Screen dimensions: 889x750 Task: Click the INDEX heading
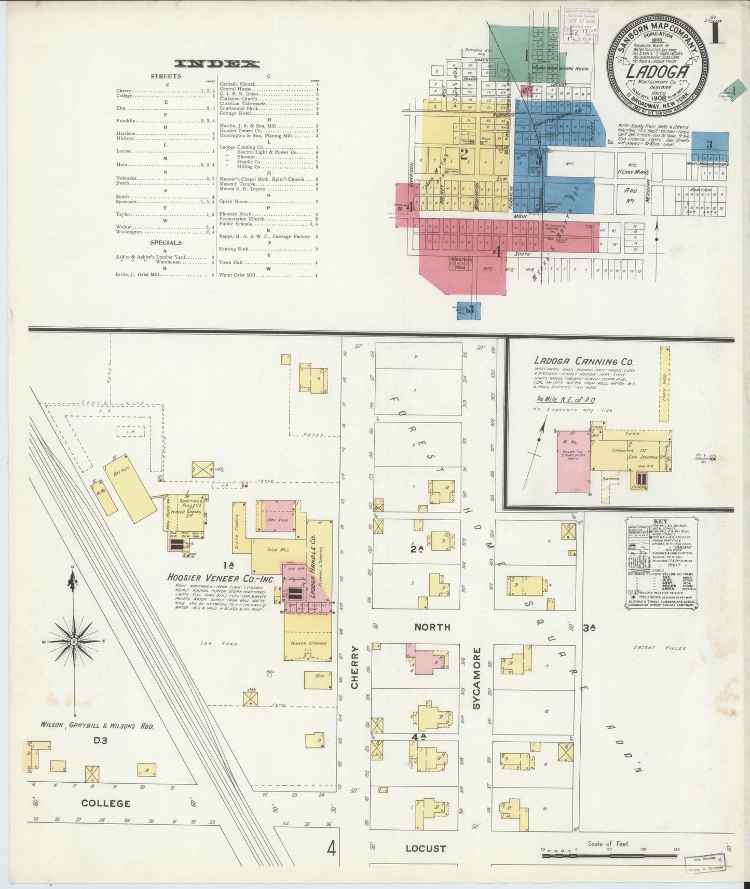pyautogui.click(x=217, y=64)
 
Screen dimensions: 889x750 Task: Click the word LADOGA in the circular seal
pyautogui.click(x=657, y=71)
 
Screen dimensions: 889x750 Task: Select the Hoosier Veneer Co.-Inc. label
pyautogui.click(x=211, y=578)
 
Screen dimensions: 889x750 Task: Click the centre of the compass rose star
pyautogui.click(x=74, y=642)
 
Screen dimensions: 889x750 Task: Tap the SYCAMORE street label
pyautogui.click(x=476, y=678)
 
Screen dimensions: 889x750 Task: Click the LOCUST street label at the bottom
pyautogui.click(x=426, y=849)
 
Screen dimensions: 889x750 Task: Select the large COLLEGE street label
pyautogui.click(x=106, y=803)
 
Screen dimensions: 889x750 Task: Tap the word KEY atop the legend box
pyautogui.click(x=661, y=521)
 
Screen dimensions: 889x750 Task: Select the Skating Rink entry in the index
pyautogui.click(x=235, y=249)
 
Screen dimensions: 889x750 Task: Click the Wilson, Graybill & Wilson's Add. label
pyautogui.click(x=97, y=726)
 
